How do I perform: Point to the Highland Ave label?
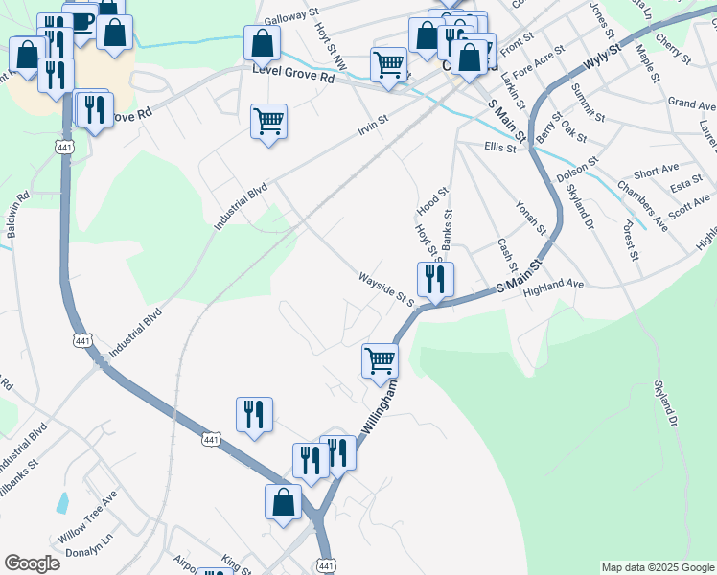554,285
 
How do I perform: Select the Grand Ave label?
692,103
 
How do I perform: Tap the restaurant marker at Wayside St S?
436,279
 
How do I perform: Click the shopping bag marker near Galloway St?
262,43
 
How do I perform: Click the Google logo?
32,563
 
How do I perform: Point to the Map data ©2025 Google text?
657,567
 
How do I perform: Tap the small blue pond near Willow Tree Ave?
62,501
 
